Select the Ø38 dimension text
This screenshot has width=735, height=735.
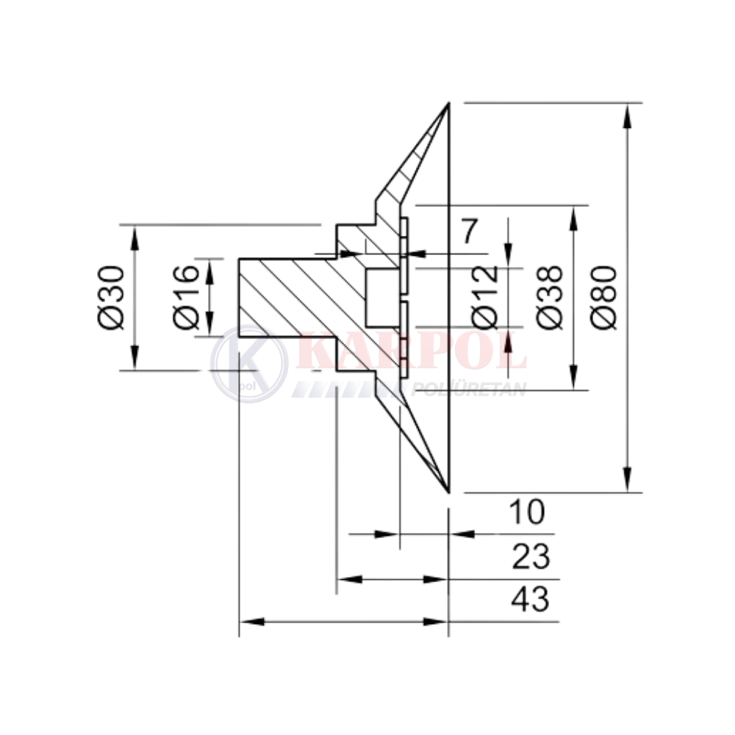(549, 297)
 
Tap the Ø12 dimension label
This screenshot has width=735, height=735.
(485, 297)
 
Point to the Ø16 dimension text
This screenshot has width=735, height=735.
(186, 297)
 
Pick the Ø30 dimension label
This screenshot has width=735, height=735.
(112, 297)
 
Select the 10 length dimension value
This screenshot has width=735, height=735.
(527, 512)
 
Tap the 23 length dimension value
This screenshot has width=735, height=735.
(531, 557)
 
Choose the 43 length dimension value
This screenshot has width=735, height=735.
(530, 599)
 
